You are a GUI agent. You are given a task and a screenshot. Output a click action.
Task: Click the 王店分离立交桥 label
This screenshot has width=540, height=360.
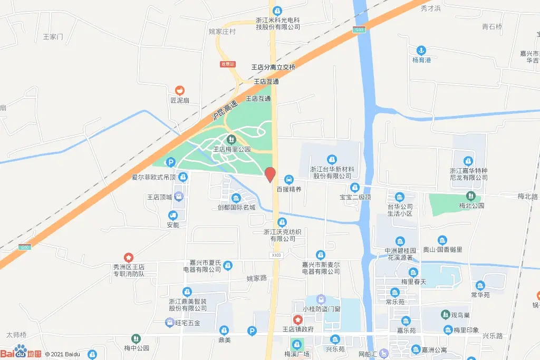(273, 67)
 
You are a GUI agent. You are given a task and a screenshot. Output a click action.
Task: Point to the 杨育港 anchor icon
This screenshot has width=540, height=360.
(421, 51)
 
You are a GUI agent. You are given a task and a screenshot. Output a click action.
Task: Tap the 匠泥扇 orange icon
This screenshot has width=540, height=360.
(180, 91)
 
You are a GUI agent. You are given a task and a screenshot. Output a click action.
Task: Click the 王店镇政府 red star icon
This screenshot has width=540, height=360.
(298, 319)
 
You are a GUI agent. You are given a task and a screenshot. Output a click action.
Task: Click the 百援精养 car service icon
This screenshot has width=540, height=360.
(288, 179)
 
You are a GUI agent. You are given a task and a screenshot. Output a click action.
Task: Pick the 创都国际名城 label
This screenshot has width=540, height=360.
(236, 207)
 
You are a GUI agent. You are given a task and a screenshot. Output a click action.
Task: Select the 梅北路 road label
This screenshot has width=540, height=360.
(527, 196)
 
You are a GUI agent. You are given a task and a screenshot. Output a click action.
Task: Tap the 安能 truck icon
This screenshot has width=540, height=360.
(172, 215)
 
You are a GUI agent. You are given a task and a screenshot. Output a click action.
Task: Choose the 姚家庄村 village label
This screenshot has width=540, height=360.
(222, 31)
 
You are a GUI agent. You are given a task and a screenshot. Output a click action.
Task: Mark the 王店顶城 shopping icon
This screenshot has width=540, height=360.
(179, 197)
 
